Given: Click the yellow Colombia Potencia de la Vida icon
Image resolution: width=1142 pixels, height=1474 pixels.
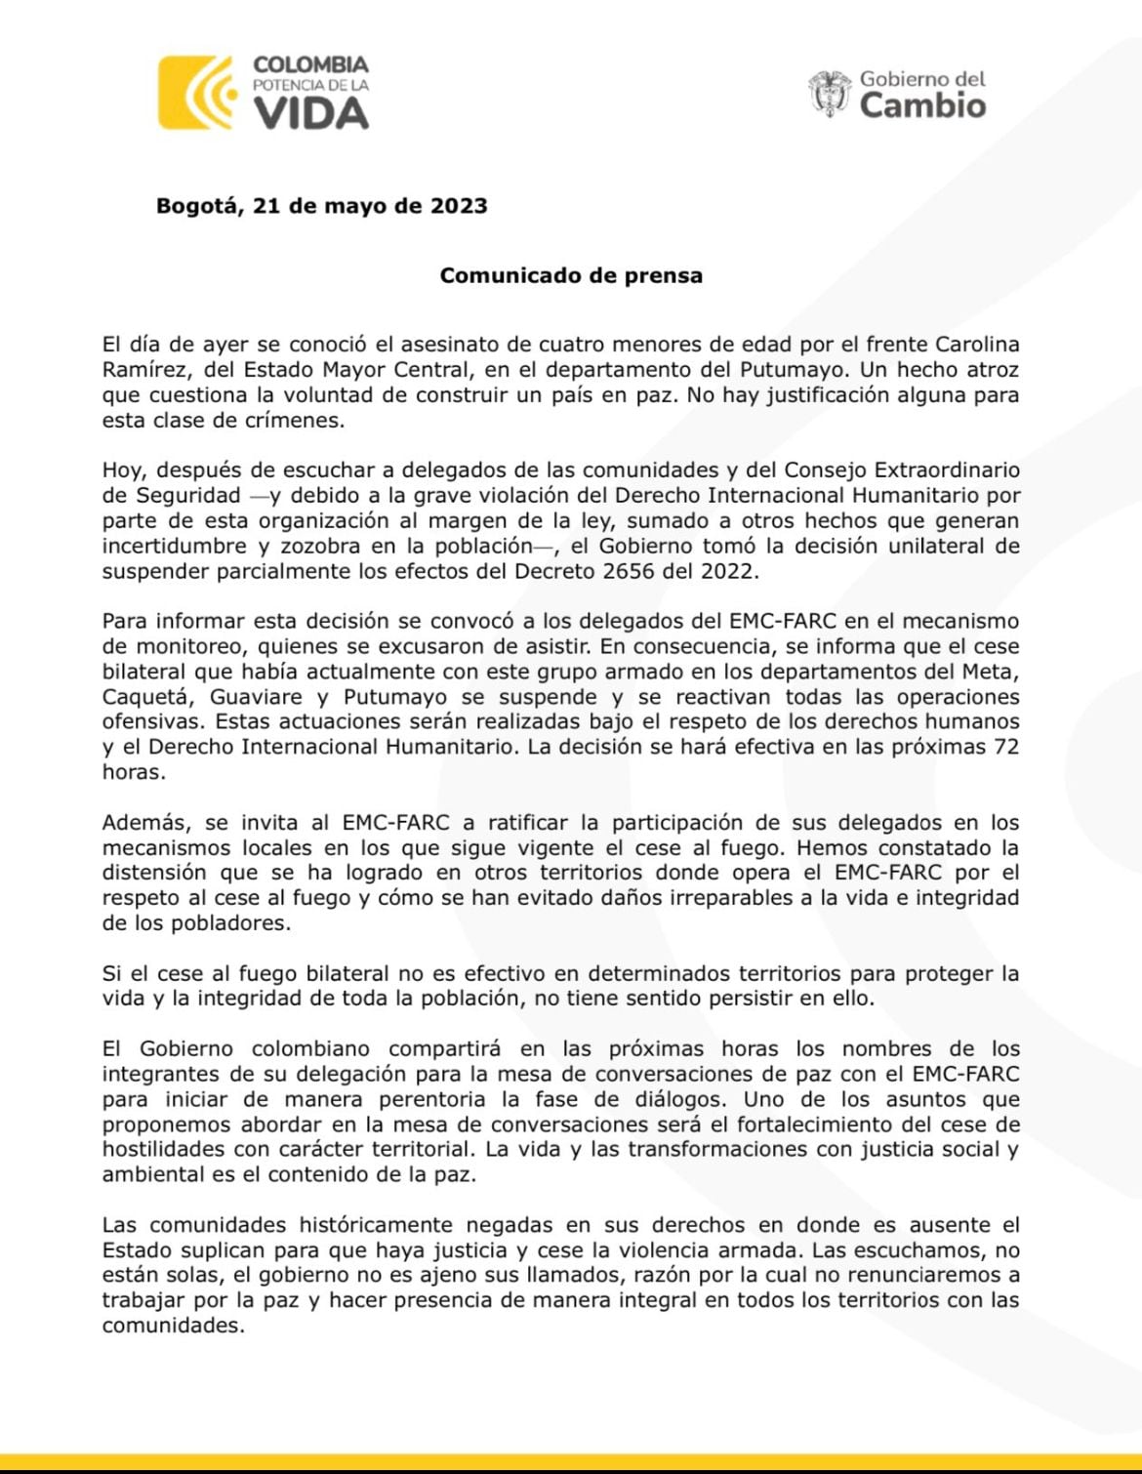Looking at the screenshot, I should click(x=197, y=93).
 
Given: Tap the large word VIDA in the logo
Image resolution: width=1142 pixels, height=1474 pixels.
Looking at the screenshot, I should click(x=311, y=114).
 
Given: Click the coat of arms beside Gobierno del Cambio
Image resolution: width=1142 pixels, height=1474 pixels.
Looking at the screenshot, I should click(x=830, y=94).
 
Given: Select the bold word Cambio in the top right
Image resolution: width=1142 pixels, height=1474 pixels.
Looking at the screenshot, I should click(x=922, y=105).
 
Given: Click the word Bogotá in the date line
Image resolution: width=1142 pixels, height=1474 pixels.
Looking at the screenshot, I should click(x=198, y=206).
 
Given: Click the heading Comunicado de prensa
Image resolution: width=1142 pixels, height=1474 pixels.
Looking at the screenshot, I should click(x=571, y=275).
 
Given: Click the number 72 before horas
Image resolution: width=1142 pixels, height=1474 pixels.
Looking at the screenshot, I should click(x=1005, y=747).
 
